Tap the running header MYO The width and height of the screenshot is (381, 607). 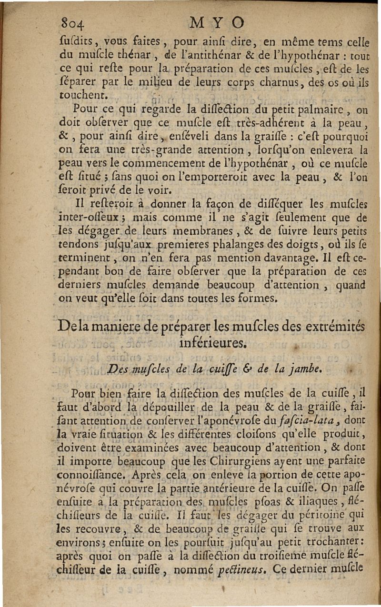(217, 22)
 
